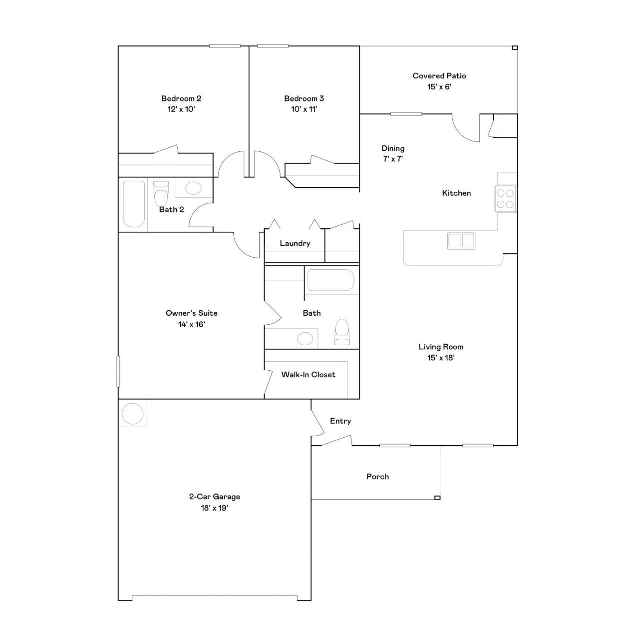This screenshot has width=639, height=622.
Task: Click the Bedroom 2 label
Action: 181,98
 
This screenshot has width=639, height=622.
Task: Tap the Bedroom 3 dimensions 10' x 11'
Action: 304,109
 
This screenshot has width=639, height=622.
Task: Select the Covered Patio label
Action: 439,76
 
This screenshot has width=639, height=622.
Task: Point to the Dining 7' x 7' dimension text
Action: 393,159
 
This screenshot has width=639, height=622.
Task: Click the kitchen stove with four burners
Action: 505,199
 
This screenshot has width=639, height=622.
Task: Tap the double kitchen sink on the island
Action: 461,240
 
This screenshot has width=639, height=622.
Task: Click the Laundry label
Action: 295,243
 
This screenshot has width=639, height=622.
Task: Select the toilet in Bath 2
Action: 161,193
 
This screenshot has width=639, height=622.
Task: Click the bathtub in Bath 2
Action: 134,204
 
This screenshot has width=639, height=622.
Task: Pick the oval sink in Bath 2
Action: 193,188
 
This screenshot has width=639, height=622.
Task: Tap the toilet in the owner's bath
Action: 342,332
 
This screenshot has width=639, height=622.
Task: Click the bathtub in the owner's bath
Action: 330,280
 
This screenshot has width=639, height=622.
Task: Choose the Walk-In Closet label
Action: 309,375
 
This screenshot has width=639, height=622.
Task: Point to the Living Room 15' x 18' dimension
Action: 441,358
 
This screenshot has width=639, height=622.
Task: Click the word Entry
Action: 340,421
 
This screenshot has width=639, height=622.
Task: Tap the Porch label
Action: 377,477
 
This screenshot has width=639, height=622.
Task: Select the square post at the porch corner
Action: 437,498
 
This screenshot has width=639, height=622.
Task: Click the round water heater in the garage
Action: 133,413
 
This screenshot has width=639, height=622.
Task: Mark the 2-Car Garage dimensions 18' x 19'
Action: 215,508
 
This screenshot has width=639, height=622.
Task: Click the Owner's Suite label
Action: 191,313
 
